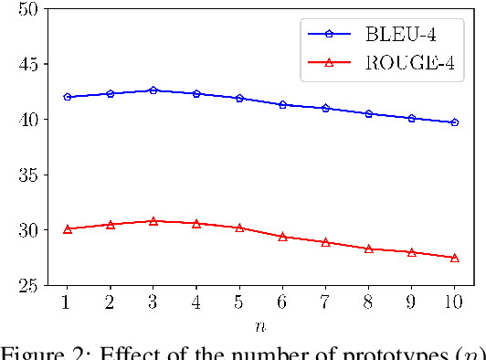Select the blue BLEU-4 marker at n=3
pos(153,90)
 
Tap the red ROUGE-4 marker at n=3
pos(153,221)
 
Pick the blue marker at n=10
pos(455,122)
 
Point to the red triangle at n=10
pos(455,258)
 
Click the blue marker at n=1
pos(67,97)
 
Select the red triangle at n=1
pos(67,229)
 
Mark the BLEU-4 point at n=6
pos(282,105)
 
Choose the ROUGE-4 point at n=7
pos(325,242)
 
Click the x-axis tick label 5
pos(239,302)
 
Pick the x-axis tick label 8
pos(368,302)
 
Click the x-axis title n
pos(260,324)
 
